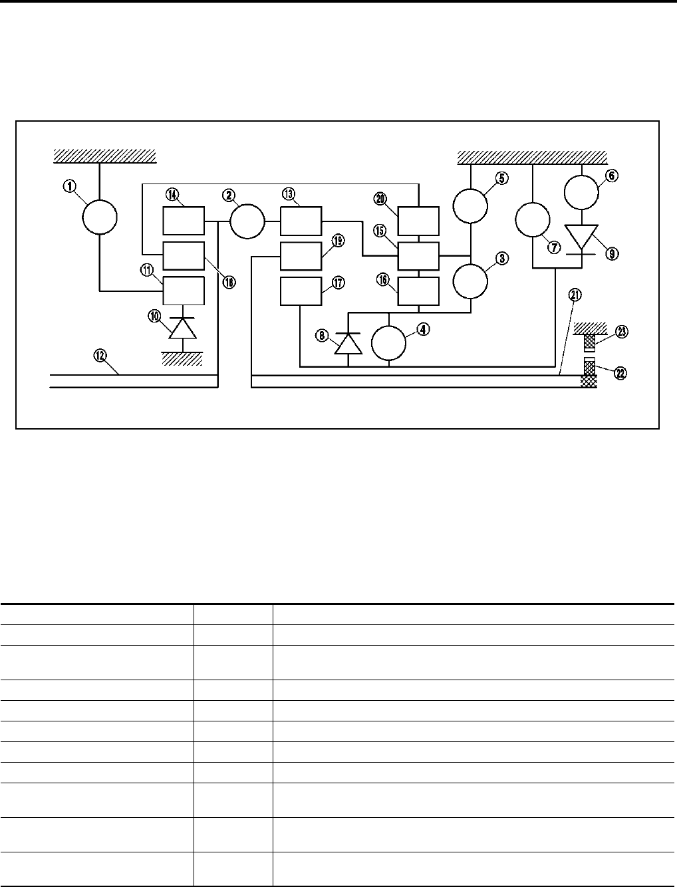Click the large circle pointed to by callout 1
click(x=100, y=216)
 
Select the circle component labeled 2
click(x=247, y=220)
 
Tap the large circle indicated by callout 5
click(x=471, y=206)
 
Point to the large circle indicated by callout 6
click(x=582, y=191)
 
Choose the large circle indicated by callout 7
click(x=533, y=220)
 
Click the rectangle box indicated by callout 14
click(x=184, y=220)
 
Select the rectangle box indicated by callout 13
click(x=301, y=220)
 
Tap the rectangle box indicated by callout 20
click(x=418, y=220)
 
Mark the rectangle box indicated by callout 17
click(x=301, y=292)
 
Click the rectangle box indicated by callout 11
click(x=184, y=291)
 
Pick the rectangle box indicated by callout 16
click(x=418, y=291)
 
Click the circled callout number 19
click(x=338, y=242)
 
